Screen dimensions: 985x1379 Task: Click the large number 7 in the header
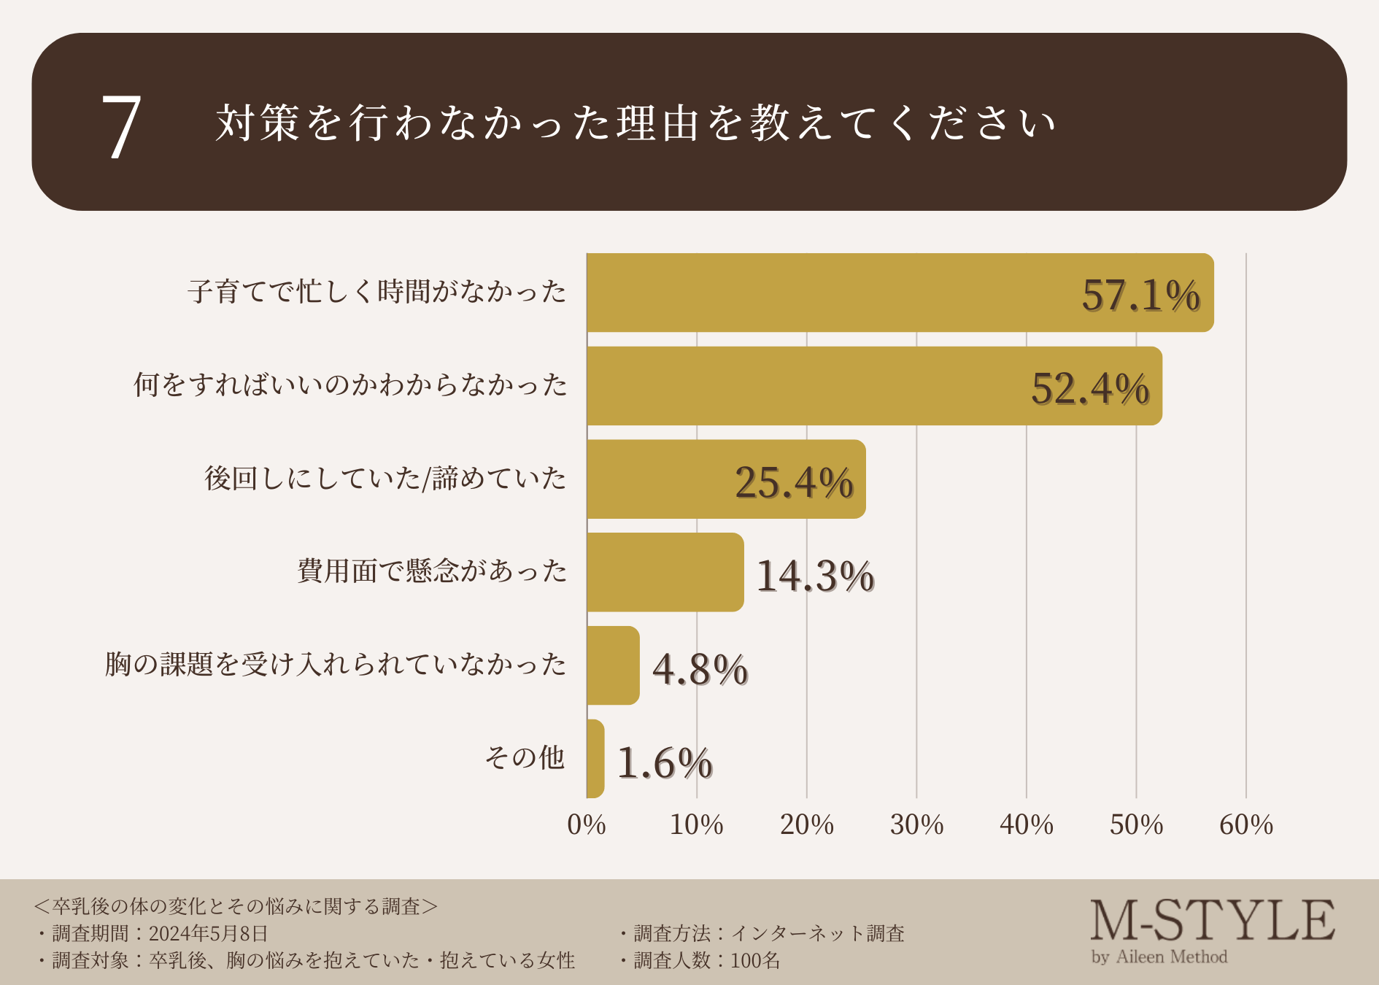pos(121,127)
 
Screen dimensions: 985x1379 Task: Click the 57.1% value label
pos(1140,295)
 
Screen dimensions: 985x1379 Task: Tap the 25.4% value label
pos(794,482)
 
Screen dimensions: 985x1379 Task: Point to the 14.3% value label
pos(815,576)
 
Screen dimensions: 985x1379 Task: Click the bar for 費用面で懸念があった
pos(665,572)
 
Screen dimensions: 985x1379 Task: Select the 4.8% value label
pos(700,669)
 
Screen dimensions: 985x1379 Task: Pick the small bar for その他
pos(595,759)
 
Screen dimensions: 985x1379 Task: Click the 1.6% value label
pos(665,763)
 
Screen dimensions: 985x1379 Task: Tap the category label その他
pos(525,757)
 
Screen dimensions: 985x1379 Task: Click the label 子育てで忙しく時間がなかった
pos(376,291)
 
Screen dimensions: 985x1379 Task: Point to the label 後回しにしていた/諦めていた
pos(385,478)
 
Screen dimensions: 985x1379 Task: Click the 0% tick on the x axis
pos(587,824)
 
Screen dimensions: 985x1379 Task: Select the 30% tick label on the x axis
pos(916,824)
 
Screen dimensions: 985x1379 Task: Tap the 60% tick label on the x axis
pos(1245,824)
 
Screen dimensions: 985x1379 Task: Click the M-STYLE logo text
pos(1212,921)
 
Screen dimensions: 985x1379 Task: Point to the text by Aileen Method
pos(1159,957)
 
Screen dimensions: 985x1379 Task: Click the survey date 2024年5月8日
pos(208,933)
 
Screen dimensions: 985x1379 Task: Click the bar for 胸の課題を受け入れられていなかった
pos(613,665)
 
